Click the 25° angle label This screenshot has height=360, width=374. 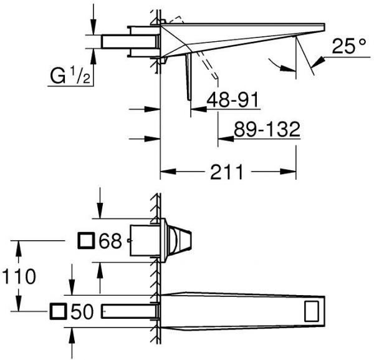pyautogui.click(x=348, y=46)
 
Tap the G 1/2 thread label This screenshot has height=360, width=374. pyautogui.click(x=70, y=75)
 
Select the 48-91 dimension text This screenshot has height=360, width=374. pyautogui.click(x=233, y=100)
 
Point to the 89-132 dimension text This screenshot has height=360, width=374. pyautogui.click(x=267, y=129)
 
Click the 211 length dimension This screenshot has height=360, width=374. pyautogui.click(x=227, y=172)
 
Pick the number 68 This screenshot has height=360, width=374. pyautogui.click(x=110, y=241)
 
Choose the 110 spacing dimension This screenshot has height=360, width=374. pyautogui.click(x=19, y=276)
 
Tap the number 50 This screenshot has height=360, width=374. pyautogui.click(x=82, y=311)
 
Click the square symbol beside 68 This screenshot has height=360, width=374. pyautogui.click(x=87, y=241)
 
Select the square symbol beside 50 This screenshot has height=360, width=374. pyautogui.click(x=58, y=311)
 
